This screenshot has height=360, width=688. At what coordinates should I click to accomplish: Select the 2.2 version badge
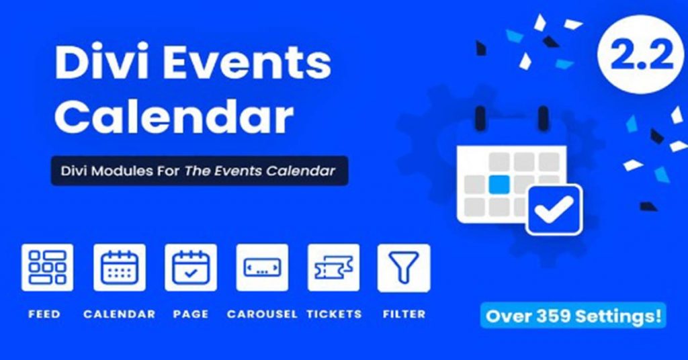[641, 54]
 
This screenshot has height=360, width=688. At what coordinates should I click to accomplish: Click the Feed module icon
[48, 267]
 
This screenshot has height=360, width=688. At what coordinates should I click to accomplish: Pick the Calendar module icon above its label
[120, 267]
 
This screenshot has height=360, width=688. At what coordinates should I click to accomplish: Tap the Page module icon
[191, 267]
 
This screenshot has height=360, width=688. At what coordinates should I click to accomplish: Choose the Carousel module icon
[262, 267]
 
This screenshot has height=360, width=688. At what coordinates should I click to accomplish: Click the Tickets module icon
[333, 267]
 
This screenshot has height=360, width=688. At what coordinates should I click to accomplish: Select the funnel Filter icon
[404, 267]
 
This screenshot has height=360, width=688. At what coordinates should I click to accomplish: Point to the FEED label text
[44, 314]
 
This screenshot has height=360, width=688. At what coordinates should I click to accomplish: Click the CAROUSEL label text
[262, 314]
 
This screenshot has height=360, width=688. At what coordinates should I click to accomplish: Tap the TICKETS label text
[334, 314]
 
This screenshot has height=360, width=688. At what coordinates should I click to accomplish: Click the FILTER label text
[404, 314]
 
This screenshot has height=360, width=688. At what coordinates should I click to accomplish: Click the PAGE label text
[191, 314]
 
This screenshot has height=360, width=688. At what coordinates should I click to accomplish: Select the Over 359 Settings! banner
[573, 316]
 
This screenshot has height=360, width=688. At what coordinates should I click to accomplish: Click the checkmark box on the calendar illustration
[554, 210]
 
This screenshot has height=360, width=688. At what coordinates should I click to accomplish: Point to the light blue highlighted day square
[499, 184]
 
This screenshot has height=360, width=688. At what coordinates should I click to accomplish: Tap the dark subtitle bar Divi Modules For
[200, 171]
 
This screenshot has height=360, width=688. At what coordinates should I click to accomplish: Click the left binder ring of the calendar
[480, 118]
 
